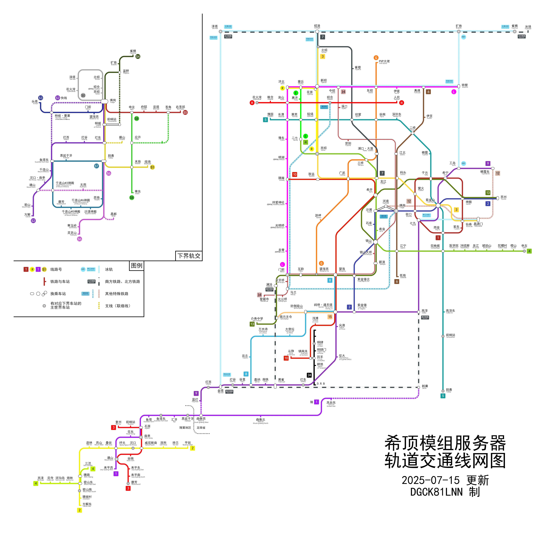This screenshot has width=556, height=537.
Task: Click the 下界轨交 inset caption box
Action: [189, 256]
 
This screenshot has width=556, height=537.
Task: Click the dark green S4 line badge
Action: [138, 57]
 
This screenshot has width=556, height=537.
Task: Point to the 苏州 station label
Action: [503, 197]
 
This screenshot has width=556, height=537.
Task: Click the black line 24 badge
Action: [309, 375]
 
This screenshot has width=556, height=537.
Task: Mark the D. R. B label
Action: [321, 384]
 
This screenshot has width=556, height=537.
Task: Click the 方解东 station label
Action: [87, 504]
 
